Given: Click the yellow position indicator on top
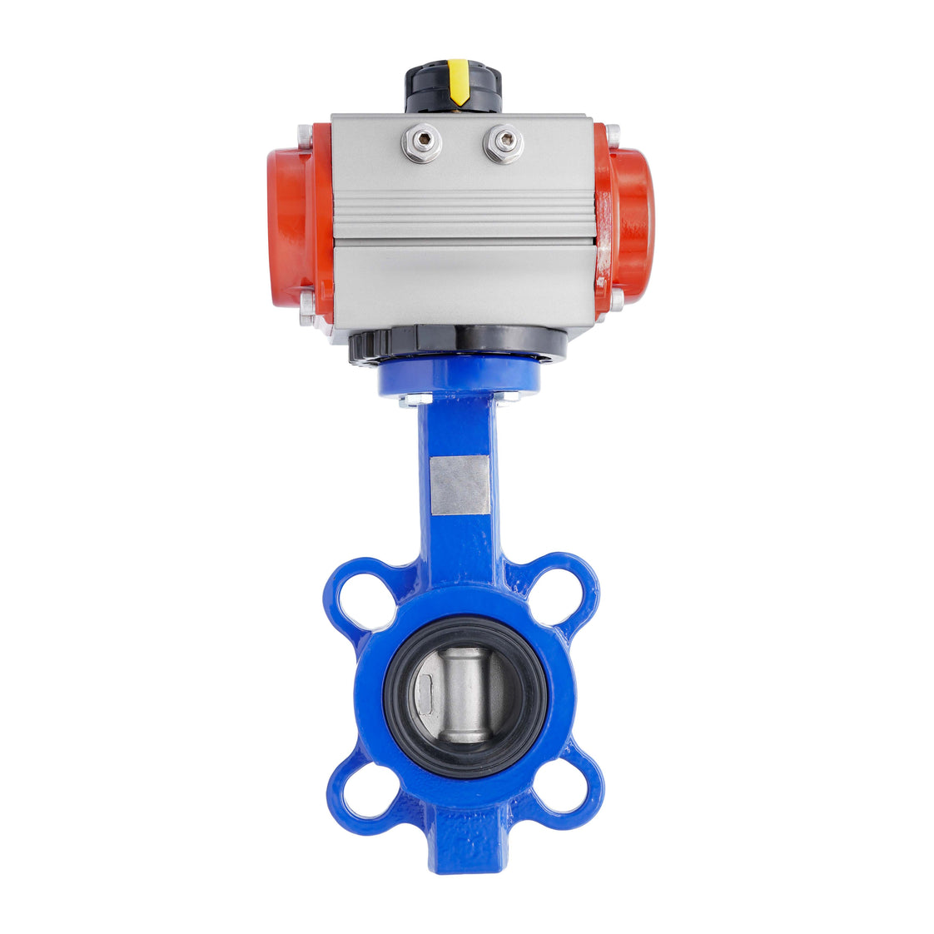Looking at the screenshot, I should coord(458,82).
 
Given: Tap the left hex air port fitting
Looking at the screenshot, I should coord(421,143).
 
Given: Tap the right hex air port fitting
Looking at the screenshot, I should coord(503,143).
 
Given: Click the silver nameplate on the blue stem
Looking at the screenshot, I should coord(460,484).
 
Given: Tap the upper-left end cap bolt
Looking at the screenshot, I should coord(306,133).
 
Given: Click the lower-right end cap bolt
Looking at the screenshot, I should coord(615,300).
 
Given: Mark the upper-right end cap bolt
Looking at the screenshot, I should coord(613,133).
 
